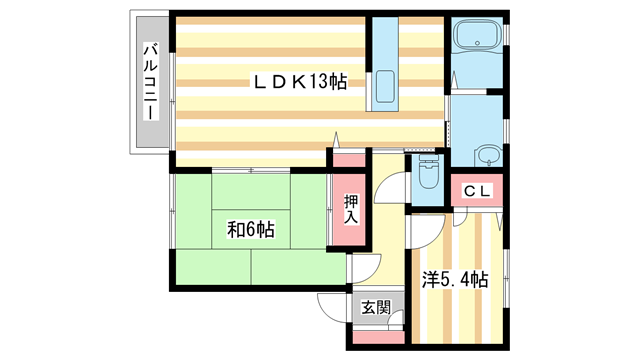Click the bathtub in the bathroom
[x=477, y=43]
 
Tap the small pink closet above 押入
[x=349, y=159]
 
